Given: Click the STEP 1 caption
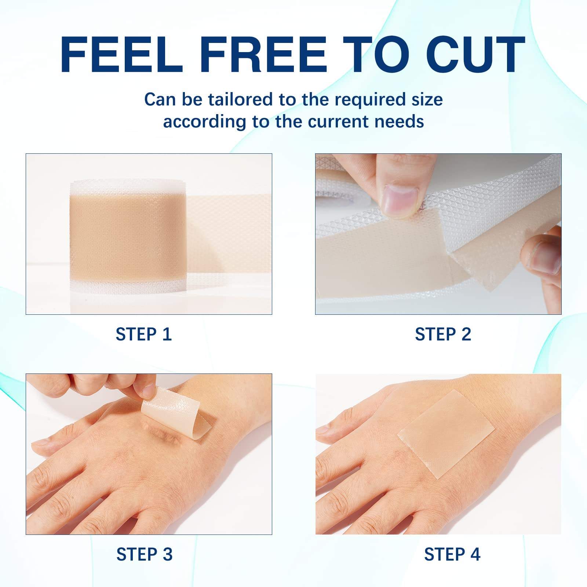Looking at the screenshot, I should point(143,334).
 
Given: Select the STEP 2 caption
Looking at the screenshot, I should point(443,334).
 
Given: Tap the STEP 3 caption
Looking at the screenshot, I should point(144,554).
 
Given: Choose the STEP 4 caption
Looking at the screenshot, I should point(452,554).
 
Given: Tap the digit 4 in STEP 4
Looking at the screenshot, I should point(475,554).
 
